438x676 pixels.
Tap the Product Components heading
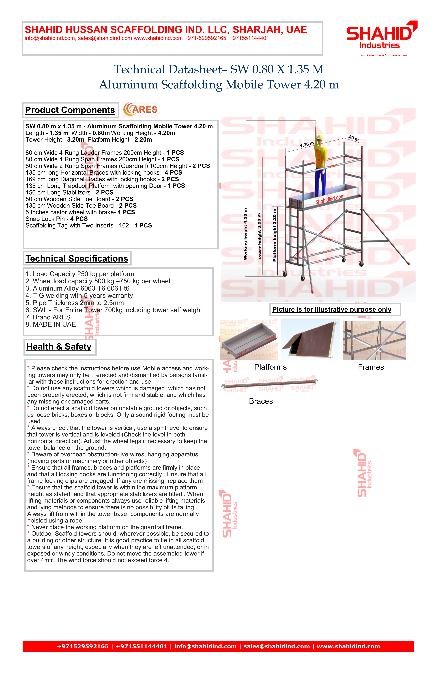click(70, 110)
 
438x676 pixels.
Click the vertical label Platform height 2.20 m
click(274, 235)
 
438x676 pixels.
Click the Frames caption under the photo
click(371, 367)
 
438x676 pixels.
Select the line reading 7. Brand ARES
click(48, 317)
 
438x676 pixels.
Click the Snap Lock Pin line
click(56, 219)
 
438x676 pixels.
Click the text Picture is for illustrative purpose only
click(332, 310)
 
